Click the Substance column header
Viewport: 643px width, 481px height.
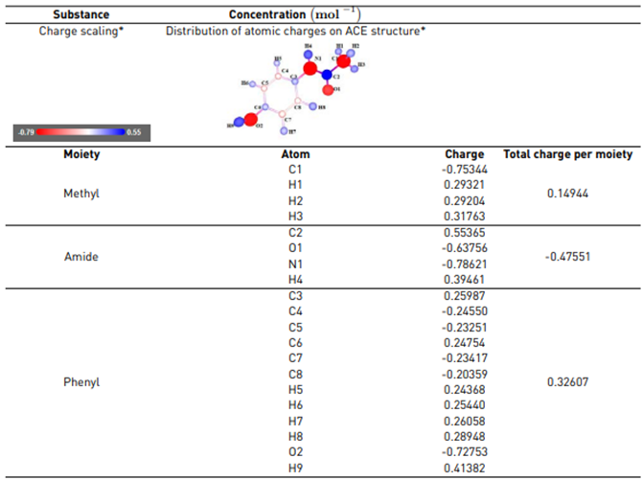[x=80, y=15]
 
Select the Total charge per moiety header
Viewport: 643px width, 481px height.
[x=568, y=154]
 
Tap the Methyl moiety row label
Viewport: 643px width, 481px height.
[x=81, y=193]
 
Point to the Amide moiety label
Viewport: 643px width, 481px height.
[x=80, y=258]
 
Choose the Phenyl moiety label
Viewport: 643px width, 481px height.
[x=81, y=382]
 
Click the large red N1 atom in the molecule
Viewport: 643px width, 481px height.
[x=309, y=69]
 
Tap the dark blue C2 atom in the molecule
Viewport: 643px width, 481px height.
[x=327, y=75]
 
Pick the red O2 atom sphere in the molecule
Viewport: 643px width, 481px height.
[x=250, y=120]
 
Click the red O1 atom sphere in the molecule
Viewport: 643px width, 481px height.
[x=329, y=91]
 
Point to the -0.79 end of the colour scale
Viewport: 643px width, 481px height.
[x=25, y=132]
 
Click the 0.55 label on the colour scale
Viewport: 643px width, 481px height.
[x=133, y=132]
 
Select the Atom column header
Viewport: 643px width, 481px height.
[x=297, y=154]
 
